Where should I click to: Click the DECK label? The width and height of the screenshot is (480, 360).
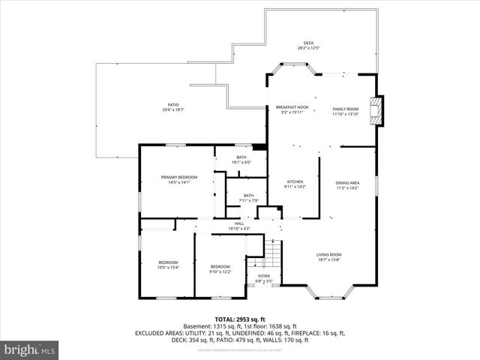point(308,43)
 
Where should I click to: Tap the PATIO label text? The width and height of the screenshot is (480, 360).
point(173,105)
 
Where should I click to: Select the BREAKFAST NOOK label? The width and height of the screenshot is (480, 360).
point(292,107)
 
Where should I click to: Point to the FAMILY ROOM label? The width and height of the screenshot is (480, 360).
point(346,108)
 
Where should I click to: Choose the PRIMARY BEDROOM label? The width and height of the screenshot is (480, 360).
point(179,177)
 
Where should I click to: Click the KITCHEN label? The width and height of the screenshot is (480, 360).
point(295,182)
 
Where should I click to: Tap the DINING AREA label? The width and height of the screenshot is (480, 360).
point(347,183)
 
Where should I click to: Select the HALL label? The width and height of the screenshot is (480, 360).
point(239,223)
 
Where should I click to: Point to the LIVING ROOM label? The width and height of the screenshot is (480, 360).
point(328,254)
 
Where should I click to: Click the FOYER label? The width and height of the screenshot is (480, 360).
point(264,276)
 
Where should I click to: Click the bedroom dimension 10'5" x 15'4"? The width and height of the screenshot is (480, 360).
point(168,267)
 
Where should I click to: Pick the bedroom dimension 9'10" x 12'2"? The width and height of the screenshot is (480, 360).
point(220,271)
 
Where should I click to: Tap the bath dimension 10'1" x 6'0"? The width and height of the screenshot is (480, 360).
point(241,162)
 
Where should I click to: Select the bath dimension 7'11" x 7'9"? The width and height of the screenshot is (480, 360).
point(248,200)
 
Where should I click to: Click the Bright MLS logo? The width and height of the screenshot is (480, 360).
point(30,349)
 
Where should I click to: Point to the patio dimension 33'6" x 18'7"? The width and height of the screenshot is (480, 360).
point(173,110)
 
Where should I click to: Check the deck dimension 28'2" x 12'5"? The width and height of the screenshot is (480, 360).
point(308,48)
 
